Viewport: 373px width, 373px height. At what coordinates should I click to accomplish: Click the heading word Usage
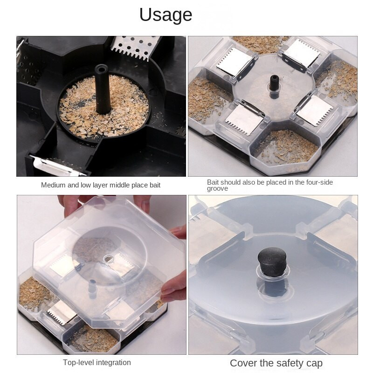[166, 15]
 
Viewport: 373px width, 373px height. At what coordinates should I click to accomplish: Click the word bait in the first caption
[155, 185]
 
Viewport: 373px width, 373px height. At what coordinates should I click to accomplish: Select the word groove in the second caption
[217, 189]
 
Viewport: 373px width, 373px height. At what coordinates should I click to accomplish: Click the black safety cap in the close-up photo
[272, 262]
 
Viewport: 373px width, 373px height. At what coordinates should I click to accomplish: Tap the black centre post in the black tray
[103, 89]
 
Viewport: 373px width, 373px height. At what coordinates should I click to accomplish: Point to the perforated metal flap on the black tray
[135, 48]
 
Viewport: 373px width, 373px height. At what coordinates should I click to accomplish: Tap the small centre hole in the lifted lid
[109, 259]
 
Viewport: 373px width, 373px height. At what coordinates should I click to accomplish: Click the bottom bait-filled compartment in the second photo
[285, 148]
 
